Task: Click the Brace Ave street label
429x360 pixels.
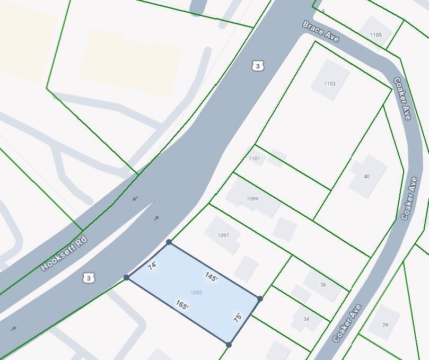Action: [321, 32]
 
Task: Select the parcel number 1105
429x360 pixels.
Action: [376, 35]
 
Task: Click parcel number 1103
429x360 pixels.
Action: [330, 84]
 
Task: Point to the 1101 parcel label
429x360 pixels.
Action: [255, 159]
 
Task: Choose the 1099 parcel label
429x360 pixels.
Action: [252, 199]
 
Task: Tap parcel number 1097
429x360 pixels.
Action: [223, 235]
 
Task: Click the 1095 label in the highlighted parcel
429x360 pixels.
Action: [196, 293]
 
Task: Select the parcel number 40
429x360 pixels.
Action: [366, 177]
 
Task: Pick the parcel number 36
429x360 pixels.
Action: [323, 285]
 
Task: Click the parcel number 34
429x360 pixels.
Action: [306, 319]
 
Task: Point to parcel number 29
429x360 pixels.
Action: [385, 325]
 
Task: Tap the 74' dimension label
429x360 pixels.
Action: [153, 266]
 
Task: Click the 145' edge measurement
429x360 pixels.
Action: [211, 277]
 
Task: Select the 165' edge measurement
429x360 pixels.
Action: [182, 305]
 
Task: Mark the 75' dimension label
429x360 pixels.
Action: [238, 318]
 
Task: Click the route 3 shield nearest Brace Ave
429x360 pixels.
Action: [258, 66]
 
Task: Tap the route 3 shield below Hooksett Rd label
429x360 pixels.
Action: [89, 278]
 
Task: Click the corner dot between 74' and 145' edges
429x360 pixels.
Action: [169, 242]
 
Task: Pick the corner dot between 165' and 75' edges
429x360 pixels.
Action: [229, 345]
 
